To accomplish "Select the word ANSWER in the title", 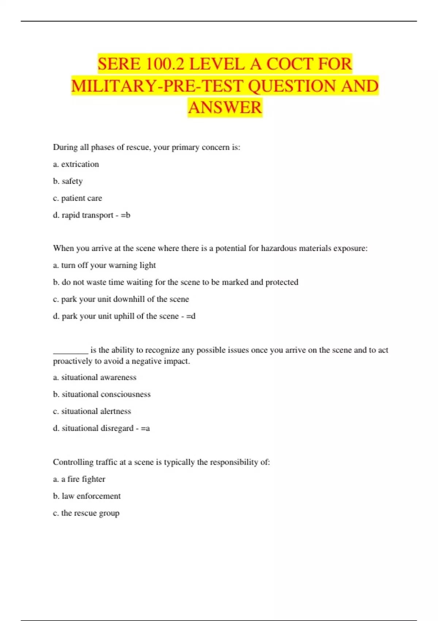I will click(225, 107).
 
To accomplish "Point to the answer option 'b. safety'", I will click(68, 181).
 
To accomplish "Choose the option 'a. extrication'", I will click(76, 164).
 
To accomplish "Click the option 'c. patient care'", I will click(77, 198).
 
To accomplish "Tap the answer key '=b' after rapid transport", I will click(126, 215).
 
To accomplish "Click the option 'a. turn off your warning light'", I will click(104, 265).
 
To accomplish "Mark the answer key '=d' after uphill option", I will click(191, 316).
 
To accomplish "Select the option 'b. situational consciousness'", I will click(101, 394).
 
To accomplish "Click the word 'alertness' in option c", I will click(115, 411).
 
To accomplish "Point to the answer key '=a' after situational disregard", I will click(145, 428).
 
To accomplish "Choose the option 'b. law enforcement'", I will click(87, 496).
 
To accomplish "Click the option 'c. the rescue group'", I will click(86, 513).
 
